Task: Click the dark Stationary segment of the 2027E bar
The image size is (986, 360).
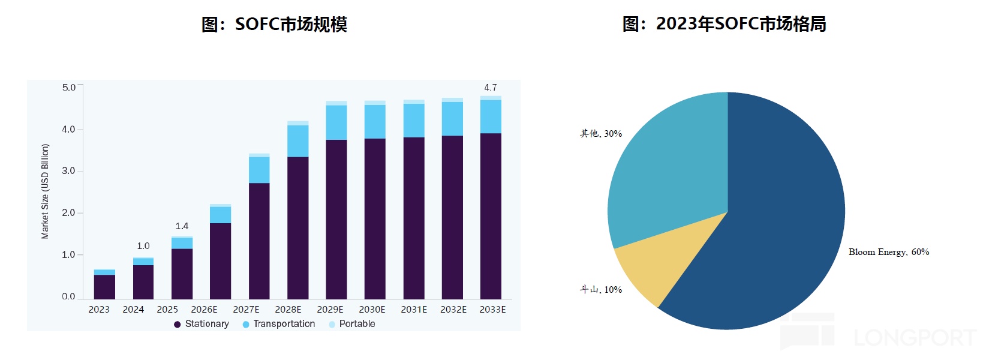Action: pos(259,241)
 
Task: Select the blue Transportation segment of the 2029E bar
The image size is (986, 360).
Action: pos(336,122)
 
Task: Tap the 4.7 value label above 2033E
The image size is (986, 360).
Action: pos(491,88)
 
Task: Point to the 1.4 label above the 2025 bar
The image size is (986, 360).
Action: pos(182,226)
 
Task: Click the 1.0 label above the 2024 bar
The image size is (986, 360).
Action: pos(143,246)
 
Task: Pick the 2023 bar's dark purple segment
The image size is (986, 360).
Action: pos(104,287)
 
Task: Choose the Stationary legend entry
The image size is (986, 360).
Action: pos(202,324)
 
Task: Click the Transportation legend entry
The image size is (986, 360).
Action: pos(279,324)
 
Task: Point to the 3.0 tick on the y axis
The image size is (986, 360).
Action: pos(68,171)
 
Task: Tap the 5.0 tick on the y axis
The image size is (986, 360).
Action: pos(68,88)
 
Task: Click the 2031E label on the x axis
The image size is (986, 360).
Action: pos(414,310)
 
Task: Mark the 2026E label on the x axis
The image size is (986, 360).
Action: pos(204,310)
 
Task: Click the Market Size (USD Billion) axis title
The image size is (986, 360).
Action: pos(45,191)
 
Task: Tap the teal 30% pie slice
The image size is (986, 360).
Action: pos(666,174)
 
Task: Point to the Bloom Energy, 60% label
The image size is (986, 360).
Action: pos(888,252)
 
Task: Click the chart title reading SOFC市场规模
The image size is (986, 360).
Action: pos(274,24)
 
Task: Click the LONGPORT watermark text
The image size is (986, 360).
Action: pos(915,338)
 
